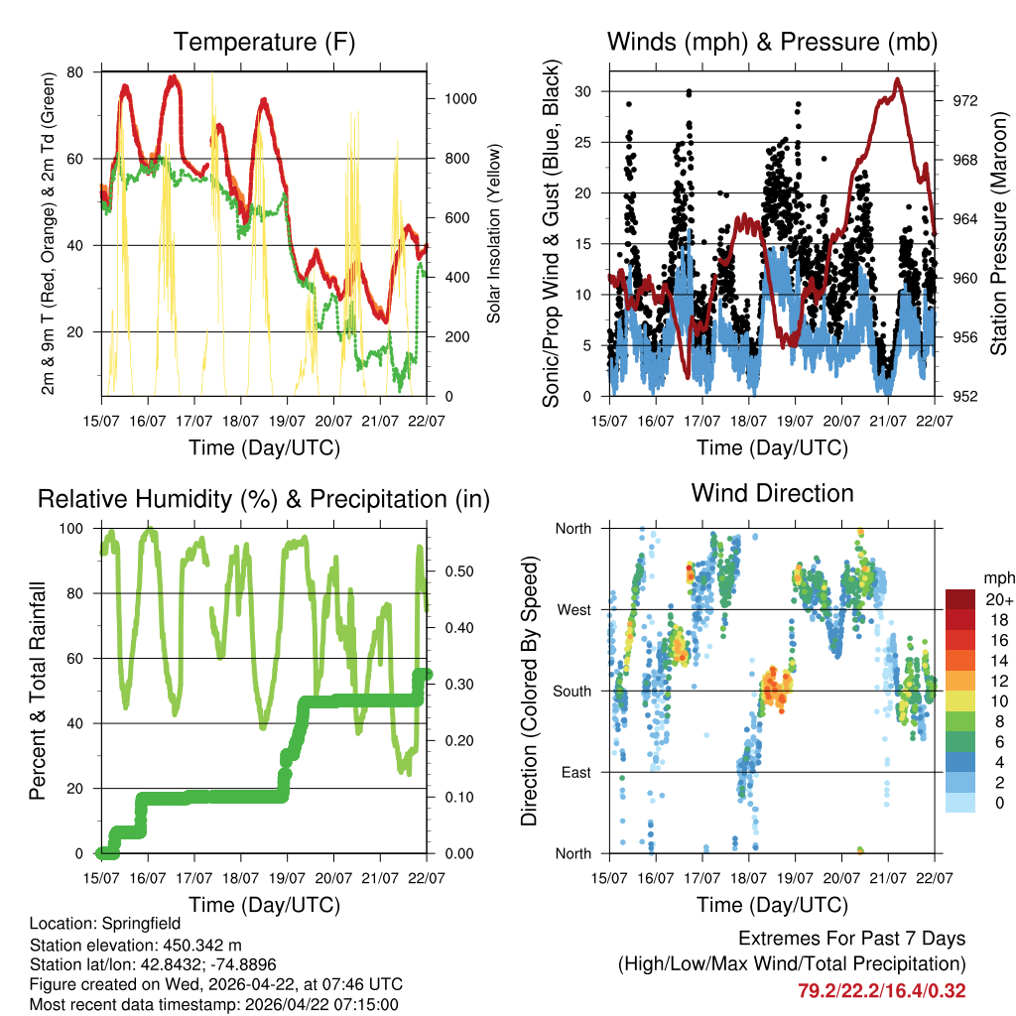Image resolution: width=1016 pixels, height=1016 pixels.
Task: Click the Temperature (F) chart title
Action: pos(264,42)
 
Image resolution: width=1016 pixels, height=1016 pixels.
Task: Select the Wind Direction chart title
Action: pos(772,493)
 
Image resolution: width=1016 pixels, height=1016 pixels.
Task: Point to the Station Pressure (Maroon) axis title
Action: pos(999,234)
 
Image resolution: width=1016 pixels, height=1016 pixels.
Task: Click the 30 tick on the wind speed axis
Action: pos(584,91)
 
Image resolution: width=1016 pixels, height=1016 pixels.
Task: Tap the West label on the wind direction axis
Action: pos(573,609)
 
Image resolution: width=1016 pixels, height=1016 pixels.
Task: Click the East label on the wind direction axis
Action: pos(574,772)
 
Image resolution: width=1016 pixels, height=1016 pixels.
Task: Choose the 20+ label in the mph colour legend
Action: pos(999,599)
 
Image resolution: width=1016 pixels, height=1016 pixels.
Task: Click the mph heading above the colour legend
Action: pos(996,577)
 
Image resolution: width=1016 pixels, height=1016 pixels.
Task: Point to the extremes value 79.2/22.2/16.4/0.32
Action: pos(881,990)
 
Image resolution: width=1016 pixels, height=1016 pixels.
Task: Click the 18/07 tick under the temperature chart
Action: pos(241,421)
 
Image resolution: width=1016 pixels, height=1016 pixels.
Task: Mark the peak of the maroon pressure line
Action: pos(898,79)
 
